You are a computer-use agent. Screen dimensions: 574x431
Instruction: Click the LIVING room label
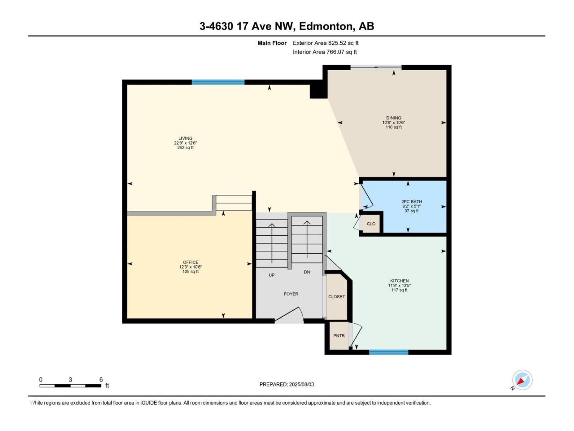[x=185, y=138]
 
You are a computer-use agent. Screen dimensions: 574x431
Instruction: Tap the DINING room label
[x=394, y=118]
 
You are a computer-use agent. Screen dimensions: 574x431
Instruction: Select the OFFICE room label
[x=191, y=262]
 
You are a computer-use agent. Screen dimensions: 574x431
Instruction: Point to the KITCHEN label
[x=399, y=281]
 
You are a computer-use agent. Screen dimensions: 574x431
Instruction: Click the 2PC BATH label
[x=412, y=202]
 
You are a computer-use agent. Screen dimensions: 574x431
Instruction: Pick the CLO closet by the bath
[x=371, y=224]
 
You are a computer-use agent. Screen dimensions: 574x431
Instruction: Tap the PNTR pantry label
[x=339, y=336]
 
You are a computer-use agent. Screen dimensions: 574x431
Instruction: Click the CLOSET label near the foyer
[x=337, y=297]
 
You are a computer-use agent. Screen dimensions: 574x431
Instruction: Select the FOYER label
[x=291, y=294]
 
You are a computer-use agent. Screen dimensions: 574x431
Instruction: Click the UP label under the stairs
[x=272, y=275]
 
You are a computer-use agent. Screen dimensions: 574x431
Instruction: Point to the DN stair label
[x=307, y=272]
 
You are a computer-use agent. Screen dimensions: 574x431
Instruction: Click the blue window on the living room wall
[x=218, y=82]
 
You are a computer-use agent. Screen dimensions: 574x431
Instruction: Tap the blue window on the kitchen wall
[x=389, y=352]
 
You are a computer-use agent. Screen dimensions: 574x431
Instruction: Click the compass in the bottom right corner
[x=522, y=380]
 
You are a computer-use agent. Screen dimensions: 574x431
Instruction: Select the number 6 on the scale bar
[x=101, y=379]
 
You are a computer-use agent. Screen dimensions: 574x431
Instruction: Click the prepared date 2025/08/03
[x=301, y=384]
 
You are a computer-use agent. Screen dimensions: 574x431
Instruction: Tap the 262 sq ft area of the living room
[x=185, y=148]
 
